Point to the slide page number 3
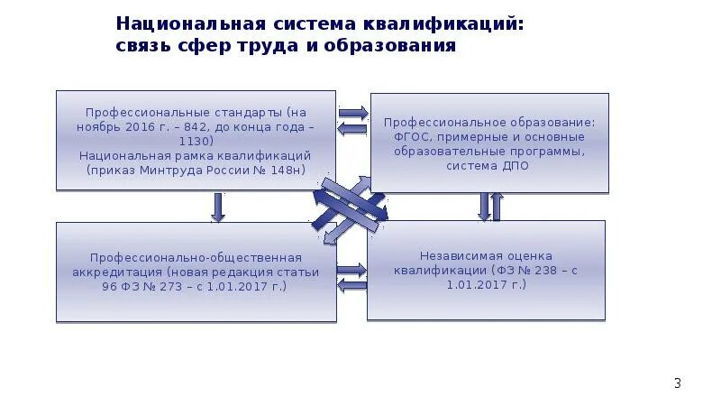(x=678, y=384)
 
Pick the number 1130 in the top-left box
(x=196, y=142)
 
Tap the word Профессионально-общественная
(x=196, y=257)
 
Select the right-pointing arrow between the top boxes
(x=352, y=113)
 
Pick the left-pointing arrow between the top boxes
(x=352, y=129)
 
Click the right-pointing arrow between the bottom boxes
(x=351, y=269)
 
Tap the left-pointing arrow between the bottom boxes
(x=351, y=285)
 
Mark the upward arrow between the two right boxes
(x=497, y=207)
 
